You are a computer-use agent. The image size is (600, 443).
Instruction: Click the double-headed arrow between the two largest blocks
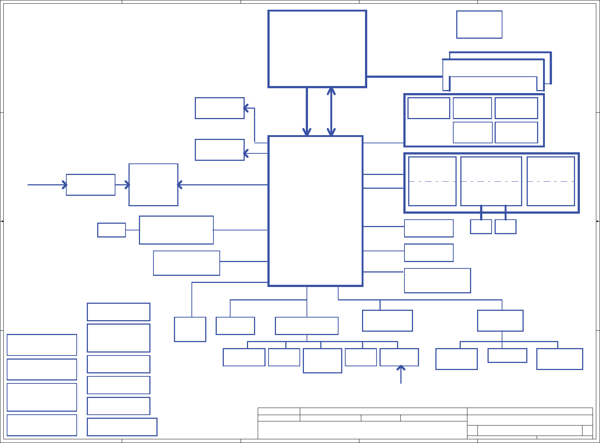(331, 112)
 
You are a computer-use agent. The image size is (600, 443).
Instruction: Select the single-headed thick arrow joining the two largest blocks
(307, 112)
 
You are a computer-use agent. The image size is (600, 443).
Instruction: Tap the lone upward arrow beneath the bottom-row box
(401, 375)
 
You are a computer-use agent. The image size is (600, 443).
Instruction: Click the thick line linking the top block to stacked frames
(404, 76)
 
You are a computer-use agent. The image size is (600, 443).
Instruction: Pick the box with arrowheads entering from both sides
(153, 185)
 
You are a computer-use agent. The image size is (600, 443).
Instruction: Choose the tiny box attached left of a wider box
(111, 230)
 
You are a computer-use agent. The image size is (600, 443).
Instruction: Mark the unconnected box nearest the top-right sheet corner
(479, 25)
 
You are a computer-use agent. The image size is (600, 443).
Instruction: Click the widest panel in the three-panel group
(491, 181)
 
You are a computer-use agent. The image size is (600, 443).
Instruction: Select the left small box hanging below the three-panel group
(481, 227)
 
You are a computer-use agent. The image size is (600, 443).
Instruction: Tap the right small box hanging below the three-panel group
(505, 227)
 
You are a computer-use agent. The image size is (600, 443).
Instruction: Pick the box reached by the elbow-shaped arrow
(219, 108)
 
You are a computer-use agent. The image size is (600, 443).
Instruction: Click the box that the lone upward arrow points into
(399, 357)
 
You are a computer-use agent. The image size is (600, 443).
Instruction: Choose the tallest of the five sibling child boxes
(322, 361)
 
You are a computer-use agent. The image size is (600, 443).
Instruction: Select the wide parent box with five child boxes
(307, 326)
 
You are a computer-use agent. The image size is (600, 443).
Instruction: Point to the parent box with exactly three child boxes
(500, 321)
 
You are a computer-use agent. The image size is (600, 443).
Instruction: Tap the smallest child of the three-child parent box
(507, 356)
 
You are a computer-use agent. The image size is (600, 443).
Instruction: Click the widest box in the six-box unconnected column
(122, 427)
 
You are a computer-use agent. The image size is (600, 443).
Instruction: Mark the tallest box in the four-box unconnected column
(42, 397)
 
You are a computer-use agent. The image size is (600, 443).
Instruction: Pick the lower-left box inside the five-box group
(473, 133)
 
